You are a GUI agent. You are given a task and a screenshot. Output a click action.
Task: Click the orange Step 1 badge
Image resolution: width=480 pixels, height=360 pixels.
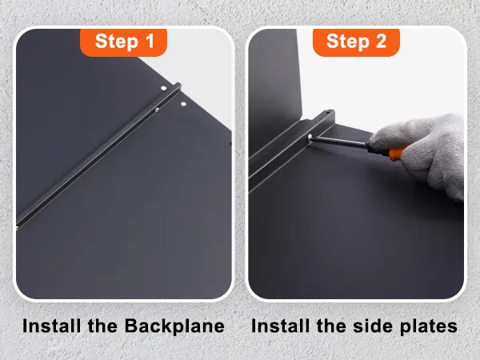tap(123, 42)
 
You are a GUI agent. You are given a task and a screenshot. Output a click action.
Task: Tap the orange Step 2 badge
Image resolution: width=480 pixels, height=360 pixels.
tap(356, 42)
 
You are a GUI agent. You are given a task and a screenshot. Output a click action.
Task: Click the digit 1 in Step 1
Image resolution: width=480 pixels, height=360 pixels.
tap(150, 41)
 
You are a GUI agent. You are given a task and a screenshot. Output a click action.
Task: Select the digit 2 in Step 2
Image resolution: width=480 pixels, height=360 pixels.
tap(381, 41)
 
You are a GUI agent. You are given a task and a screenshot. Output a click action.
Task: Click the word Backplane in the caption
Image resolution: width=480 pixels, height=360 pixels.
tap(174, 326)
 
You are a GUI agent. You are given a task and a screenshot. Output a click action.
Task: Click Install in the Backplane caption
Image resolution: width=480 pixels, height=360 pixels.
tap(51, 326)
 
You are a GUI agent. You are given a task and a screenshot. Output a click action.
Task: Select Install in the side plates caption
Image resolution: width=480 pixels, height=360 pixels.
tap(280, 326)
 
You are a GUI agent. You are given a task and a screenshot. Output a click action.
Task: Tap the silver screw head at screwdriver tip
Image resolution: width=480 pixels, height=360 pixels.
tap(310, 137)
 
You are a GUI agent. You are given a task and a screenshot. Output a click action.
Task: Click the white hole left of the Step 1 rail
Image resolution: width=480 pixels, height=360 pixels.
tap(164, 88)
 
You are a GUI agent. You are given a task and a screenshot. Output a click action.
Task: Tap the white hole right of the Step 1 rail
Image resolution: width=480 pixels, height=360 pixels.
tap(183, 104)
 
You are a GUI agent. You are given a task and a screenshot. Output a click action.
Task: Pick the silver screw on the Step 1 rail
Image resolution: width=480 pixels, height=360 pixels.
tap(157, 110)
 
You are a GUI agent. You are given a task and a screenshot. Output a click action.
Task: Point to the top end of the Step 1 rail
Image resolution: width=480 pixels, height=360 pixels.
tap(178, 85)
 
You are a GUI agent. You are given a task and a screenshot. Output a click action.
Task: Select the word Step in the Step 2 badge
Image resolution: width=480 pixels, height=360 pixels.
tap(347, 42)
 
